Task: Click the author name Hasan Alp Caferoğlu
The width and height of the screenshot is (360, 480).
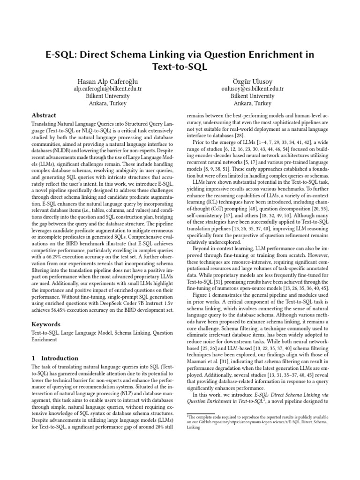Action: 108,80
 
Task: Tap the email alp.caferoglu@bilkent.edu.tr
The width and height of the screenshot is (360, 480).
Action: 108,89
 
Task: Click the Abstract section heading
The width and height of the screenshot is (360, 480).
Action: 44,115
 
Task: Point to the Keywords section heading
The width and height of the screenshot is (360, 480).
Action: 46,324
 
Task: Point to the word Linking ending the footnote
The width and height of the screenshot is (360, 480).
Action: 194,428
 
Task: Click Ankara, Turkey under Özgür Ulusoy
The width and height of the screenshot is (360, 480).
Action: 253,104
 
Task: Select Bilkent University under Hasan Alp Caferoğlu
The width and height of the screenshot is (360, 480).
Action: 108,96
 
